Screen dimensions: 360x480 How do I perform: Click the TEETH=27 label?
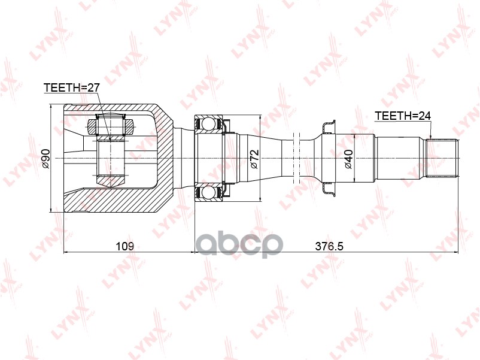71,88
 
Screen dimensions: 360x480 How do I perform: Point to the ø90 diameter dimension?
45,159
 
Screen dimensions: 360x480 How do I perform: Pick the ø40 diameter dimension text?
348,159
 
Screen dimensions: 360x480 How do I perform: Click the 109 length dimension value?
124,246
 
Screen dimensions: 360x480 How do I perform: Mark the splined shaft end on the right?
444,158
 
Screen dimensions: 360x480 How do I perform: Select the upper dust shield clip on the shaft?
327,126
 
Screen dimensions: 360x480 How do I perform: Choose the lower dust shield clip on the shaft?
327,190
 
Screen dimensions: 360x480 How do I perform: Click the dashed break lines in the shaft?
297,158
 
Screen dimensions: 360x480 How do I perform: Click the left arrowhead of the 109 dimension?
66,252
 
